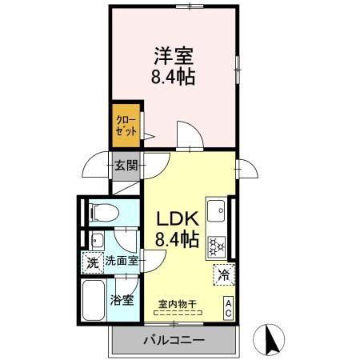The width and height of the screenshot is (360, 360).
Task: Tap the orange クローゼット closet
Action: (x=126, y=126)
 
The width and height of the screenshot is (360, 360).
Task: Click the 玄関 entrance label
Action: (x=125, y=166)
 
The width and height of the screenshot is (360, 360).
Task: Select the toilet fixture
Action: (x=102, y=213)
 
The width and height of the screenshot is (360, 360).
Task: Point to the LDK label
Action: (x=176, y=218)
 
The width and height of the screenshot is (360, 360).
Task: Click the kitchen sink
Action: (x=216, y=212)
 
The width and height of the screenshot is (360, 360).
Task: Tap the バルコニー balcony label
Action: (x=174, y=339)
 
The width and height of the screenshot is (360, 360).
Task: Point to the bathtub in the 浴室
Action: (x=95, y=302)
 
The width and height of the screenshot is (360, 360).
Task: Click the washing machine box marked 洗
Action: (x=92, y=261)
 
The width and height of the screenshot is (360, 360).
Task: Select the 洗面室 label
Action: (x=122, y=261)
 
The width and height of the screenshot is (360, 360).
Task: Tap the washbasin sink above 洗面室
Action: (x=97, y=240)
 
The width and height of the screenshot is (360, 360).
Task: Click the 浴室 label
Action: (x=124, y=302)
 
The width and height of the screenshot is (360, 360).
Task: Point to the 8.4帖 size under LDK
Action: (x=177, y=238)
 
